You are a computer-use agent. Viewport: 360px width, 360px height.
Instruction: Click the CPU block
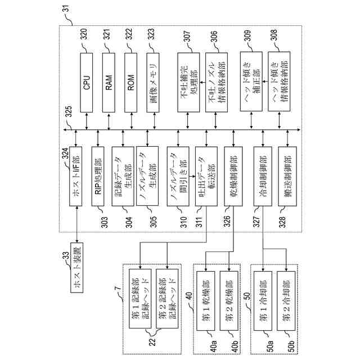[87, 85]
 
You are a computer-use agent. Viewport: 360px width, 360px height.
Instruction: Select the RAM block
[109, 85]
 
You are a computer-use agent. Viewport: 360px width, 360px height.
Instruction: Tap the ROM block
[130, 85]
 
